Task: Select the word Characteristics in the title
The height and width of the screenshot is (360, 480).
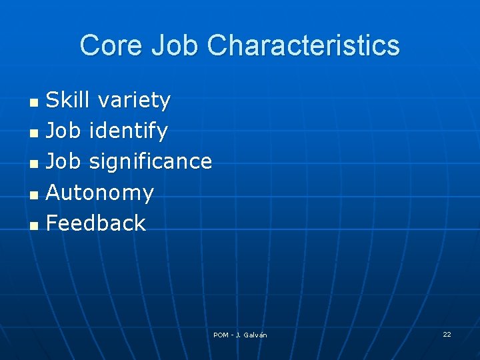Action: pyautogui.click(x=303, y=46)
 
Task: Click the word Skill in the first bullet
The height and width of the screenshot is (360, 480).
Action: pyautogui.click(x=68, y=100)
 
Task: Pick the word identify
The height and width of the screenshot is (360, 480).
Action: pyautogui.click(x=128, y=131)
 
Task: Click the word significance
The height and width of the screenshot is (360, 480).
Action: pyautogui.click(x=150, y=161)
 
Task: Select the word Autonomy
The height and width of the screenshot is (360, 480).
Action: pyautogui.click(x=99, y=193)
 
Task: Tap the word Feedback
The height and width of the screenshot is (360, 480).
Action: pyautogui.click(x=95, y=223)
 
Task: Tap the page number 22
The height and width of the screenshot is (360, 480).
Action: pyautogui.click(x=447, y=334)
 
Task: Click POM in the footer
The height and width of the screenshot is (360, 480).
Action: pyautogui.click(x=221, y=335)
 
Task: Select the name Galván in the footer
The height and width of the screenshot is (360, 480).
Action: pyautogui.click(x=256, y=335)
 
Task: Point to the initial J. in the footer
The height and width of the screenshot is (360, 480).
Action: pyautogui.click(x=240, y=335)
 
